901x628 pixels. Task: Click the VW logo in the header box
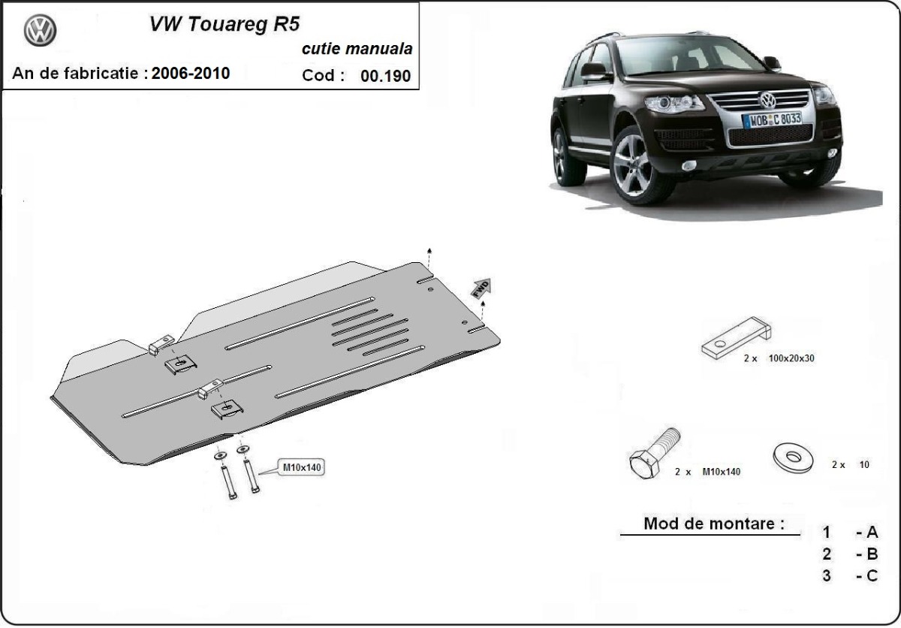coord(40,32)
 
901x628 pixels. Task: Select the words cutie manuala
coord(357,50)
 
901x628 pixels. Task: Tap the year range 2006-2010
coord(191,74)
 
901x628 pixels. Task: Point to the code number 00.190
coord(386,76)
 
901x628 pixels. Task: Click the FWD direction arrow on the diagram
coord(481,288)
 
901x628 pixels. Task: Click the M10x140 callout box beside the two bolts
coord(301,467)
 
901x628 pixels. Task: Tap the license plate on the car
coord(771,119)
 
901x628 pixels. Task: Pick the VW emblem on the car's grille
coord(767,101)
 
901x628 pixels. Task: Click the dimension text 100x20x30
coord(791,358)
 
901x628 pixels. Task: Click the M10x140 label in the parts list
coord(721,472)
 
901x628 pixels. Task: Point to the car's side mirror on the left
coord(593,71)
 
